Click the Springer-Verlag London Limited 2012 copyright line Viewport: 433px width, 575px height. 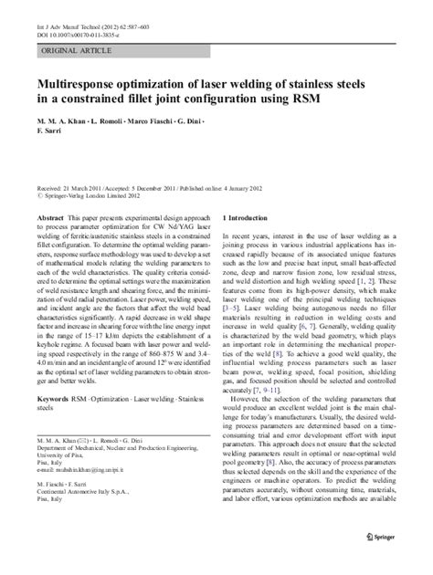[x=95, y=193]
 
